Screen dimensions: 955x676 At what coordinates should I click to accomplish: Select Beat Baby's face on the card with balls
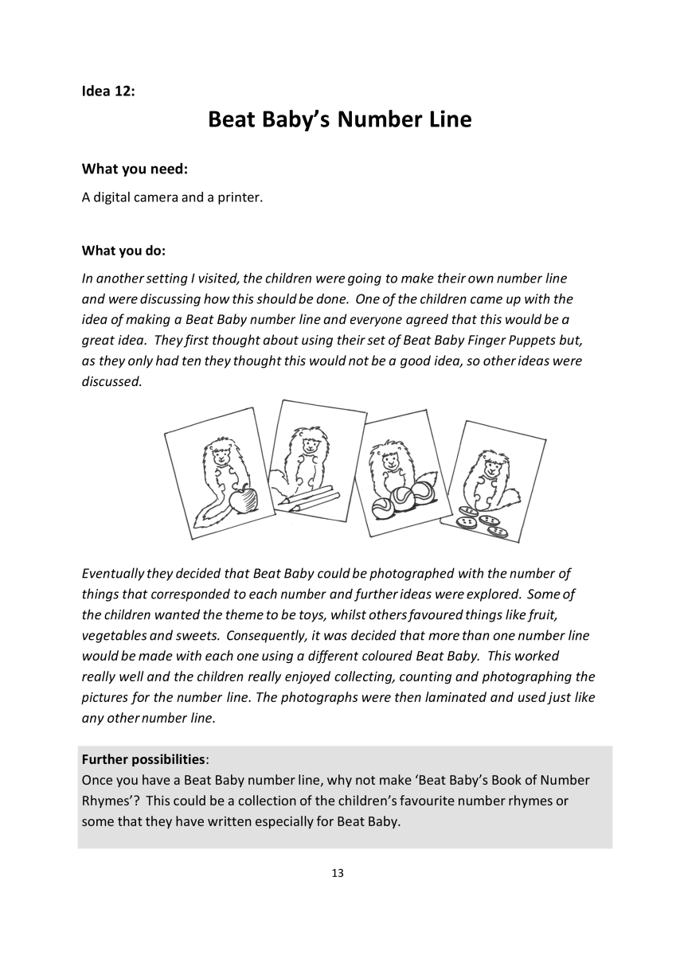pyautogui.click(x=389, y=462)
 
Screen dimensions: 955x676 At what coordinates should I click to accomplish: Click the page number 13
pyautogui.click(x=338, y=873)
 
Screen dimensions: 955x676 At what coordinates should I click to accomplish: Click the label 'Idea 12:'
pyautogui.click(x=108, y=91)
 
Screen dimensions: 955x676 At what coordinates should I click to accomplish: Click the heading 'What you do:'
pyautogui.click(x=123, y=251)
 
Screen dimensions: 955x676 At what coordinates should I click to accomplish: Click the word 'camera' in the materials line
pyautogui.click(x=155, y=197)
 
